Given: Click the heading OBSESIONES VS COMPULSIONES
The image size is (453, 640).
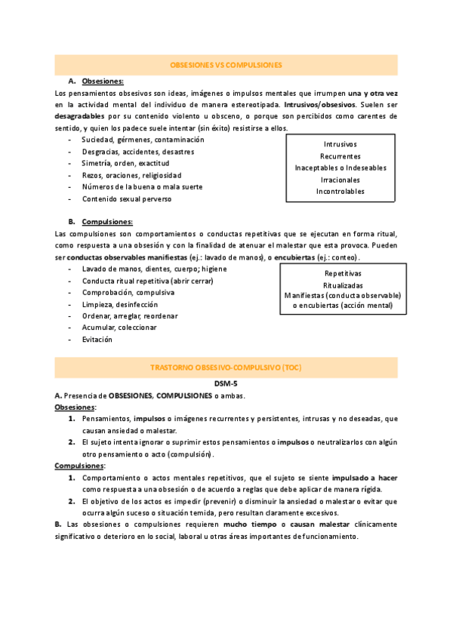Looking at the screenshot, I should pos(226,65).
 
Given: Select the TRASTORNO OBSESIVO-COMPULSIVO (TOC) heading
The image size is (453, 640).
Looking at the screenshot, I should pos(226,368).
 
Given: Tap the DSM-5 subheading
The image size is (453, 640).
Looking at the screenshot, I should pos(226,383).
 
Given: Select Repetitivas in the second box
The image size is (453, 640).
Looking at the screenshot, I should pos(343,273).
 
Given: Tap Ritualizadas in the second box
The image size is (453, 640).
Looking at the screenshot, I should pos(343,285).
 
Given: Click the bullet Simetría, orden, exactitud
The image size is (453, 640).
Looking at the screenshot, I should pos(125,163).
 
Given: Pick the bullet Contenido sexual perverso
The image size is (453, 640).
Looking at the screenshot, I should pos(127,199).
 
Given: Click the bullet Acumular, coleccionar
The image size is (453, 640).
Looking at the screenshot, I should pos(119,328).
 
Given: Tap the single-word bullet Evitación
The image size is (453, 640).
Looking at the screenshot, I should pos(97,340).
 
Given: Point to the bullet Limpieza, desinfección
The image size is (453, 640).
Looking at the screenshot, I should pos(120,304).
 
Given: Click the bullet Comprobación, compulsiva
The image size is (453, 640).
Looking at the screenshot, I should pos(128,292).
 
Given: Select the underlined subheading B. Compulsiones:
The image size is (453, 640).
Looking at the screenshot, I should pos(100,222).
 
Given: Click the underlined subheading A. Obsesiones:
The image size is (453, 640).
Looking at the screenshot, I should pos(97,81).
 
